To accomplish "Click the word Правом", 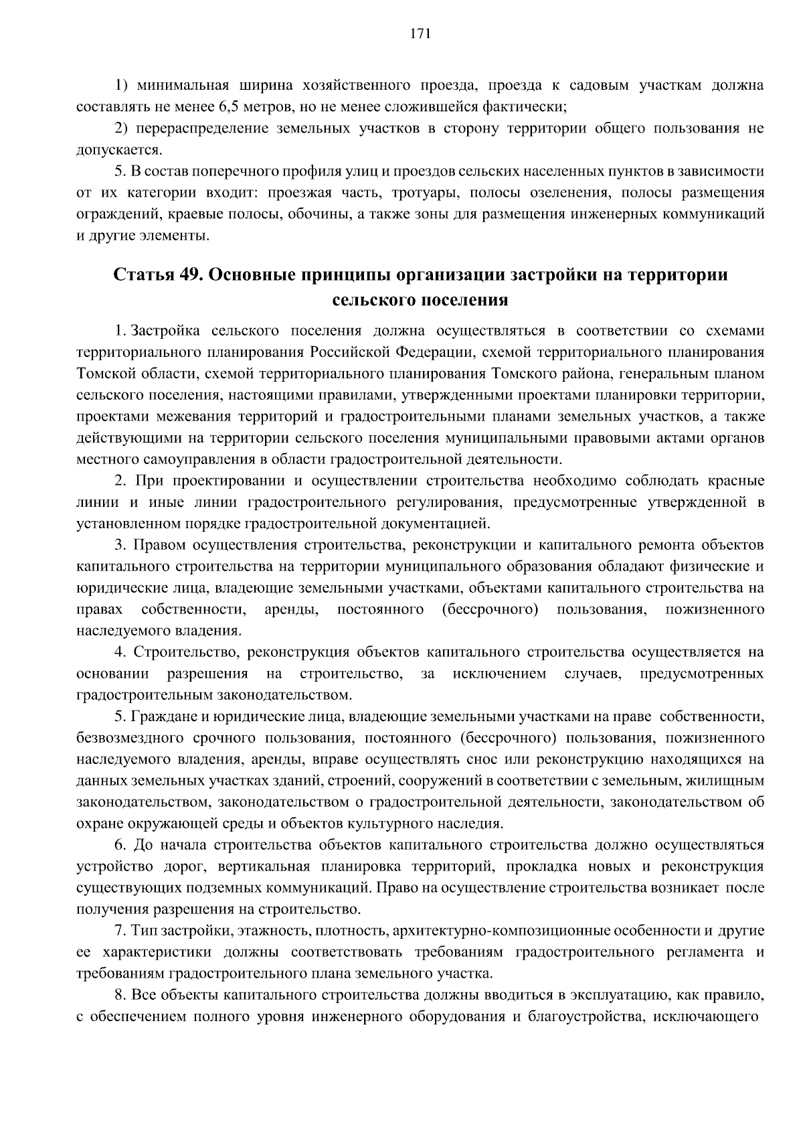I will pyautogui.click(x=160, y=545).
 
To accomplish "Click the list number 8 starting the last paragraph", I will pyautogui.click(x=119, y=995).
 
